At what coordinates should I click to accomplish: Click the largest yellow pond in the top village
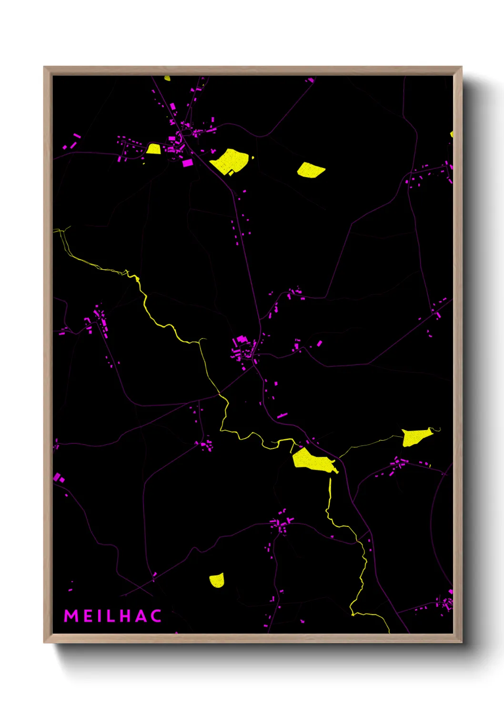[230, 161]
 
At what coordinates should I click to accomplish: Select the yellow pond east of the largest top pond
[310, 170]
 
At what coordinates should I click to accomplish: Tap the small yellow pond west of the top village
[153, 149]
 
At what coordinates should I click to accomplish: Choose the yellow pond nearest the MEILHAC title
[217, 580]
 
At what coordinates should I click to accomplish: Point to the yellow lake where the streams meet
[312, 461]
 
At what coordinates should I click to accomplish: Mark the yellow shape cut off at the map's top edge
[167, 78]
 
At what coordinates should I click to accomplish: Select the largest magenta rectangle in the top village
[188, 163]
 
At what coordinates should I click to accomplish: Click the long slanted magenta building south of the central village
[282, 415]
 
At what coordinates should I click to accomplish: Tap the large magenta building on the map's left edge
[57, 477]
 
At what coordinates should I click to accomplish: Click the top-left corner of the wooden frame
[44, 67]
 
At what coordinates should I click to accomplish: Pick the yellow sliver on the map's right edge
[451, 134]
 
